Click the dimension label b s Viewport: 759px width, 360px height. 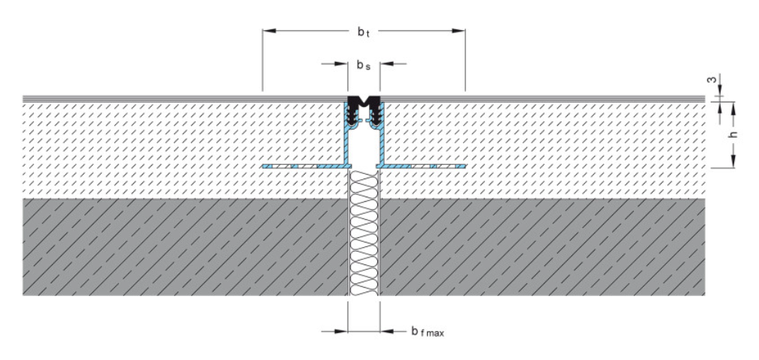[x=364, y=66]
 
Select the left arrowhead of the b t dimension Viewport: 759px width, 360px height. [x=267, y=31]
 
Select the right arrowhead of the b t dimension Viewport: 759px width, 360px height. [x=459, y=31]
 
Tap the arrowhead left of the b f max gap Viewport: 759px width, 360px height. [x=342, y=330]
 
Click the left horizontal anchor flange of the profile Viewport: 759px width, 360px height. [x=301, y=164]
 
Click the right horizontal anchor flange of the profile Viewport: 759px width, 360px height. [x=425, y=164]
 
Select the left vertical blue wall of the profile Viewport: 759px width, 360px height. [x=347, y=136]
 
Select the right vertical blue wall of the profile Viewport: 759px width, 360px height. [x=380, y=136]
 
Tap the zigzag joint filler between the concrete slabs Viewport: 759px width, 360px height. [x=364, y=233]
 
